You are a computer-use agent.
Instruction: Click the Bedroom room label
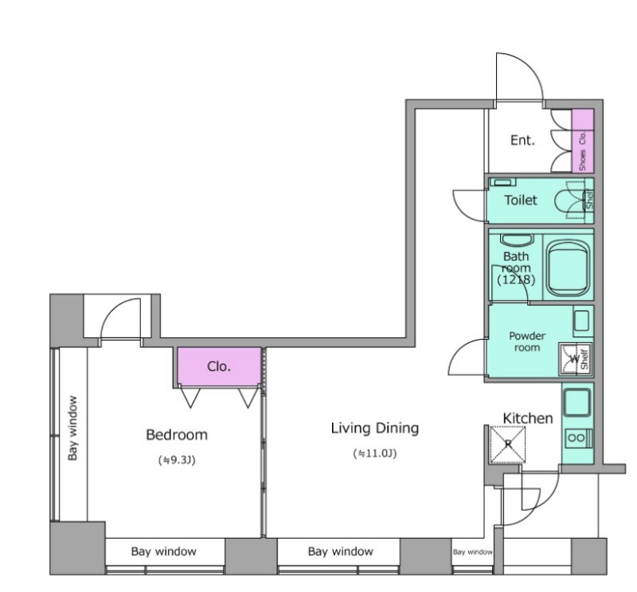click(x=177, y=435)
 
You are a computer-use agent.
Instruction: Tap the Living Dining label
click(x=375, y=428)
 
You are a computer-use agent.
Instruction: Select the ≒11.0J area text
click(x=375, y=454)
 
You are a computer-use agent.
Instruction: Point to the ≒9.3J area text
click(x=177, y=460)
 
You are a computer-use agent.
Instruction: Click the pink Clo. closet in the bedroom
click(x=220, y=366)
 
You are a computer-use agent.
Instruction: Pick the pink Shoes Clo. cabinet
click(x=583, y=141)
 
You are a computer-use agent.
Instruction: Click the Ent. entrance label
click(x=522, y=141)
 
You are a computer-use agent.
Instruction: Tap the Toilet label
click(x=521, y=201)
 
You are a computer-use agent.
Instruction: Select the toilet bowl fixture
click(x=569, y=201)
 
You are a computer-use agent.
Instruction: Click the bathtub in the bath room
click(x=569, y=268)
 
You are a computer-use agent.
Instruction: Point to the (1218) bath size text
click(x=516, y=280)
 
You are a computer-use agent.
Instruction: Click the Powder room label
click(x=527, y=341)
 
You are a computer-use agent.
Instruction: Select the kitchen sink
click(x=577, y=402)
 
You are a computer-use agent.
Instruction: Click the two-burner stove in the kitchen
click(x=578, y=438)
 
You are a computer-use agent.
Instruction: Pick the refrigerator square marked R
click(x=508, y=444)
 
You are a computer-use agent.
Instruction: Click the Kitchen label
click(x=528, y=419)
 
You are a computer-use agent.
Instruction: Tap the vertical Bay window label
click(x=72, y=428)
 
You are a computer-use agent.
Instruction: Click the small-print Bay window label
click(x=472, y=551)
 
